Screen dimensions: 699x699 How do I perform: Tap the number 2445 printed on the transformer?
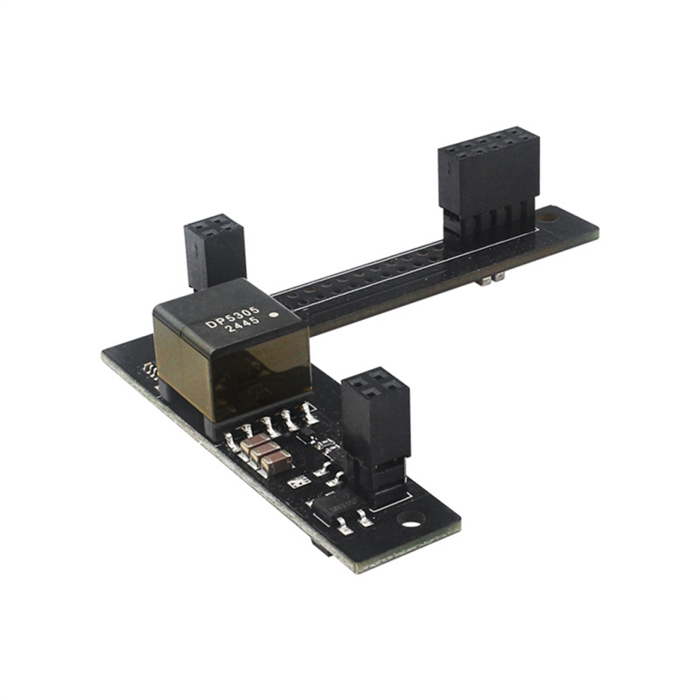242,326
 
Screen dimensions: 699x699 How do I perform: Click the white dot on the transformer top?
275,315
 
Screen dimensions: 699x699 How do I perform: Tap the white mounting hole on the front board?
412,519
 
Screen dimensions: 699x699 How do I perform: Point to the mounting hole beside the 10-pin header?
548,218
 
